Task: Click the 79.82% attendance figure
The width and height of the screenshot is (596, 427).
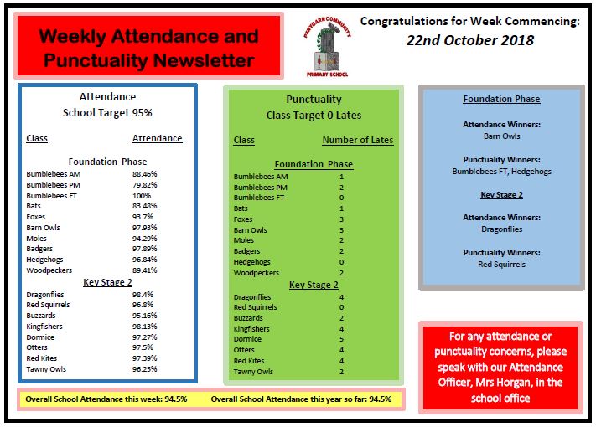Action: click(x=144, y=184)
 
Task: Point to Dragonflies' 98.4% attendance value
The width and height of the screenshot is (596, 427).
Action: click(x=143, y=294)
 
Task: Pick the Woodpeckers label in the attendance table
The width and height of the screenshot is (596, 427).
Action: click(x=49, y=270)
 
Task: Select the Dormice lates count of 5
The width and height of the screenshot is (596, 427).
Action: click(x=341, y=339)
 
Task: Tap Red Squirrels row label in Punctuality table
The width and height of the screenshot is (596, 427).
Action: click(x=257, y=307)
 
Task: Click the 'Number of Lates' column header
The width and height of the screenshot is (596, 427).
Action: click(x=357, y=140)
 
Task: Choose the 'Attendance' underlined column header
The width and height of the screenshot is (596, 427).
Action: click(x=157, y=138)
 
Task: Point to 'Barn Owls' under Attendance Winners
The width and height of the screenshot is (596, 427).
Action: click(x=501, y=135)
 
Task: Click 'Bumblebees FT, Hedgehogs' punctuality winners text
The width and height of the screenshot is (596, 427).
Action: click(x=501, y=171)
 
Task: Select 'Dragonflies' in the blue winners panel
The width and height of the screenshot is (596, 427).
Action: click(x=501, y=228)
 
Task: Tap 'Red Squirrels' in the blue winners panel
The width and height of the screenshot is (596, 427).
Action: click(x=501, y=264)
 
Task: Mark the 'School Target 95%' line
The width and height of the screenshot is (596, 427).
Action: click(x=107, y=112)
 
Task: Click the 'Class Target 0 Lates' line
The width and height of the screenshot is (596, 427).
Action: click(x=313, y=115)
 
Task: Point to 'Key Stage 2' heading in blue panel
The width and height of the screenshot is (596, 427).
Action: click(x=501, y=194)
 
